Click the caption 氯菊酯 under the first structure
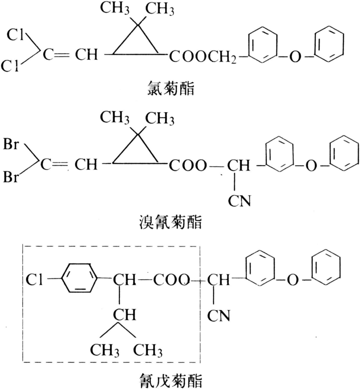[x=171, y=88]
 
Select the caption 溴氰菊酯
[x=170, y=222]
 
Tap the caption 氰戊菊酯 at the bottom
[x=170, y=380]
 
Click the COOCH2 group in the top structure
[x=203, y=57]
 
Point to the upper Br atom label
[x=11, y=143]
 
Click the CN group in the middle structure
[x=240, y=201]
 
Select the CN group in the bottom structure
[x=219, y=316]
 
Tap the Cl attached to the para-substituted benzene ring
[x=35, y=280]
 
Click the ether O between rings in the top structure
[x=295, y=57]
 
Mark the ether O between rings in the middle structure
[x=311, y=166]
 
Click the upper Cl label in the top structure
[x=15, y=35]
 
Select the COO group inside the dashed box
[x=171, y=280]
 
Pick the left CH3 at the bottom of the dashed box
[x=105, y=351]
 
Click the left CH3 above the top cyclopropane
[x=115, y=8]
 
